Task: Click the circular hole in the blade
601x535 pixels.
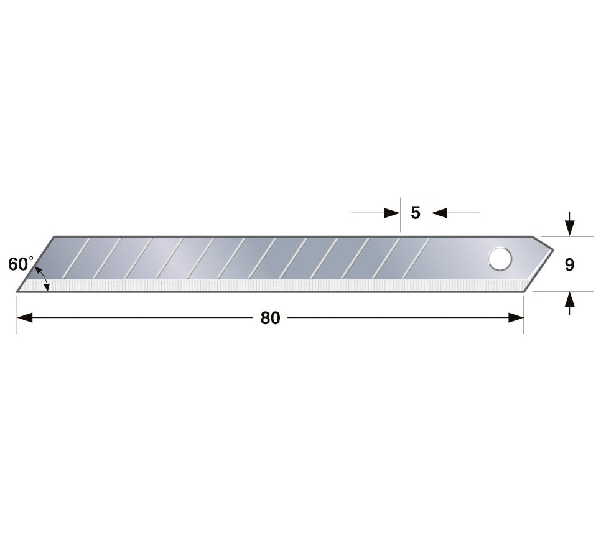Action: click(x=500, y=259)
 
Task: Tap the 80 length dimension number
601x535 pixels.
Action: click(x=270, y=318)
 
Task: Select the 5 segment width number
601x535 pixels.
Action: click(x=416, y=213)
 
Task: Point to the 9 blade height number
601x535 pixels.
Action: click(x=569, y=264)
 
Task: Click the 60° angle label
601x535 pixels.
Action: click(x=21, y=264)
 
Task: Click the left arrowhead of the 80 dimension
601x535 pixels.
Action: click(x=24, y=318)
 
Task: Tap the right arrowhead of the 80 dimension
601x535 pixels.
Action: click(x=516, y=318)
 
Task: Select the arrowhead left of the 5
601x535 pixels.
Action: click(x=393, y=213)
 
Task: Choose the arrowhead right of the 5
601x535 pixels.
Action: click(x=439, y=213)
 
